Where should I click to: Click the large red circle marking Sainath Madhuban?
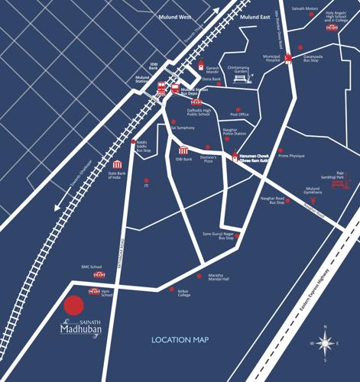73,306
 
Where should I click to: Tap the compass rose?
326,343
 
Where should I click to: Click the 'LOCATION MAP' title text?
181,339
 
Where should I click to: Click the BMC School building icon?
98,274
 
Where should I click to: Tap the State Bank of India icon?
118,165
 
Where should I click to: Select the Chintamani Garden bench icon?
242,78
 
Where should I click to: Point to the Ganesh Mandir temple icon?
201,66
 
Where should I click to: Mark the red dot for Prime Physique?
281,151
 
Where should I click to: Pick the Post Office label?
239,115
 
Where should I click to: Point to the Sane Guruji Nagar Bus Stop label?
217,236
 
